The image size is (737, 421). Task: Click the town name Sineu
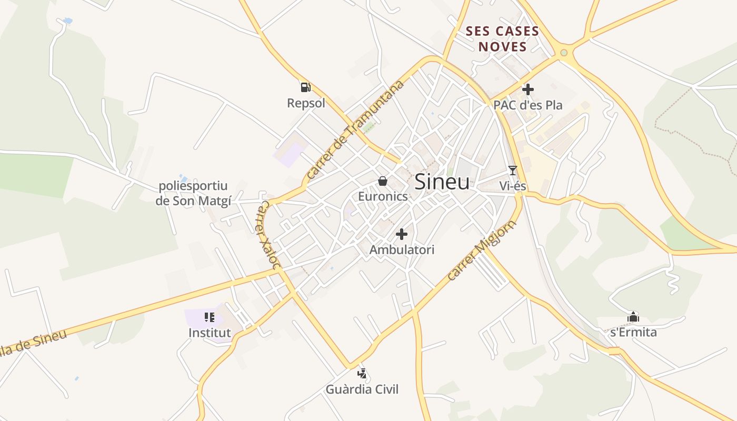442,182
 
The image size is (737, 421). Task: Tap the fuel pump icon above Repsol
305,87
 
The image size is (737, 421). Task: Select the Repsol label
306,103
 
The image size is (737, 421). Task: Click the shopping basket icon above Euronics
383,182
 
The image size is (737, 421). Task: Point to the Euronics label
383,196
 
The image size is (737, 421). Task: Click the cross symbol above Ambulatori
402,234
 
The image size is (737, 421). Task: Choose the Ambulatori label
402,249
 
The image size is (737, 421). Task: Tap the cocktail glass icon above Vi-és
512,170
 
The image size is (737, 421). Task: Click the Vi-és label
512,186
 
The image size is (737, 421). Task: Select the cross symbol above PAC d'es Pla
527,89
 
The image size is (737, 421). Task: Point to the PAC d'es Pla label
527,105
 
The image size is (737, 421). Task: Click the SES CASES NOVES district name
502,39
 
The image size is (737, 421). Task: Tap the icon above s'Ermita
633,317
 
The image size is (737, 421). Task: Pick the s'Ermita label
633,333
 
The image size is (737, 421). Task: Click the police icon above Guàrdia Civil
362,374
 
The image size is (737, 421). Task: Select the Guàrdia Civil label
362,389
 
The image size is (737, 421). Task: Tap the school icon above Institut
210,317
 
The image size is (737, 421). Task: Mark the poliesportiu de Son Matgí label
193,193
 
